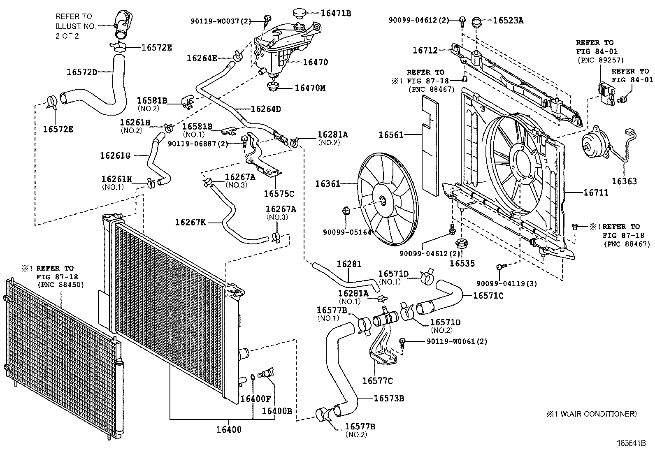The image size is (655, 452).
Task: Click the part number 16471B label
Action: click(336, 13)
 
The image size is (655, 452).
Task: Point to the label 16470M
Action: click(309, 88)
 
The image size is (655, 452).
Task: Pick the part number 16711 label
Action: click(596, 192)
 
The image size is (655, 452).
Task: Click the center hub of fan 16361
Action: click(383, 200)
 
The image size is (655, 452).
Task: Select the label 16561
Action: click(391, 135)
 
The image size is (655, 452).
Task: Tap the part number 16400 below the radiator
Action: click(229, 430)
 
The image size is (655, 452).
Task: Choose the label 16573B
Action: click(389, 398)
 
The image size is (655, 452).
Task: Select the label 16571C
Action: click(488, 295)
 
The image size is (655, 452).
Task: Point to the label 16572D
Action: click(82, 72)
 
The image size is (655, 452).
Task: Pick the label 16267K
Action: click(190, 223)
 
